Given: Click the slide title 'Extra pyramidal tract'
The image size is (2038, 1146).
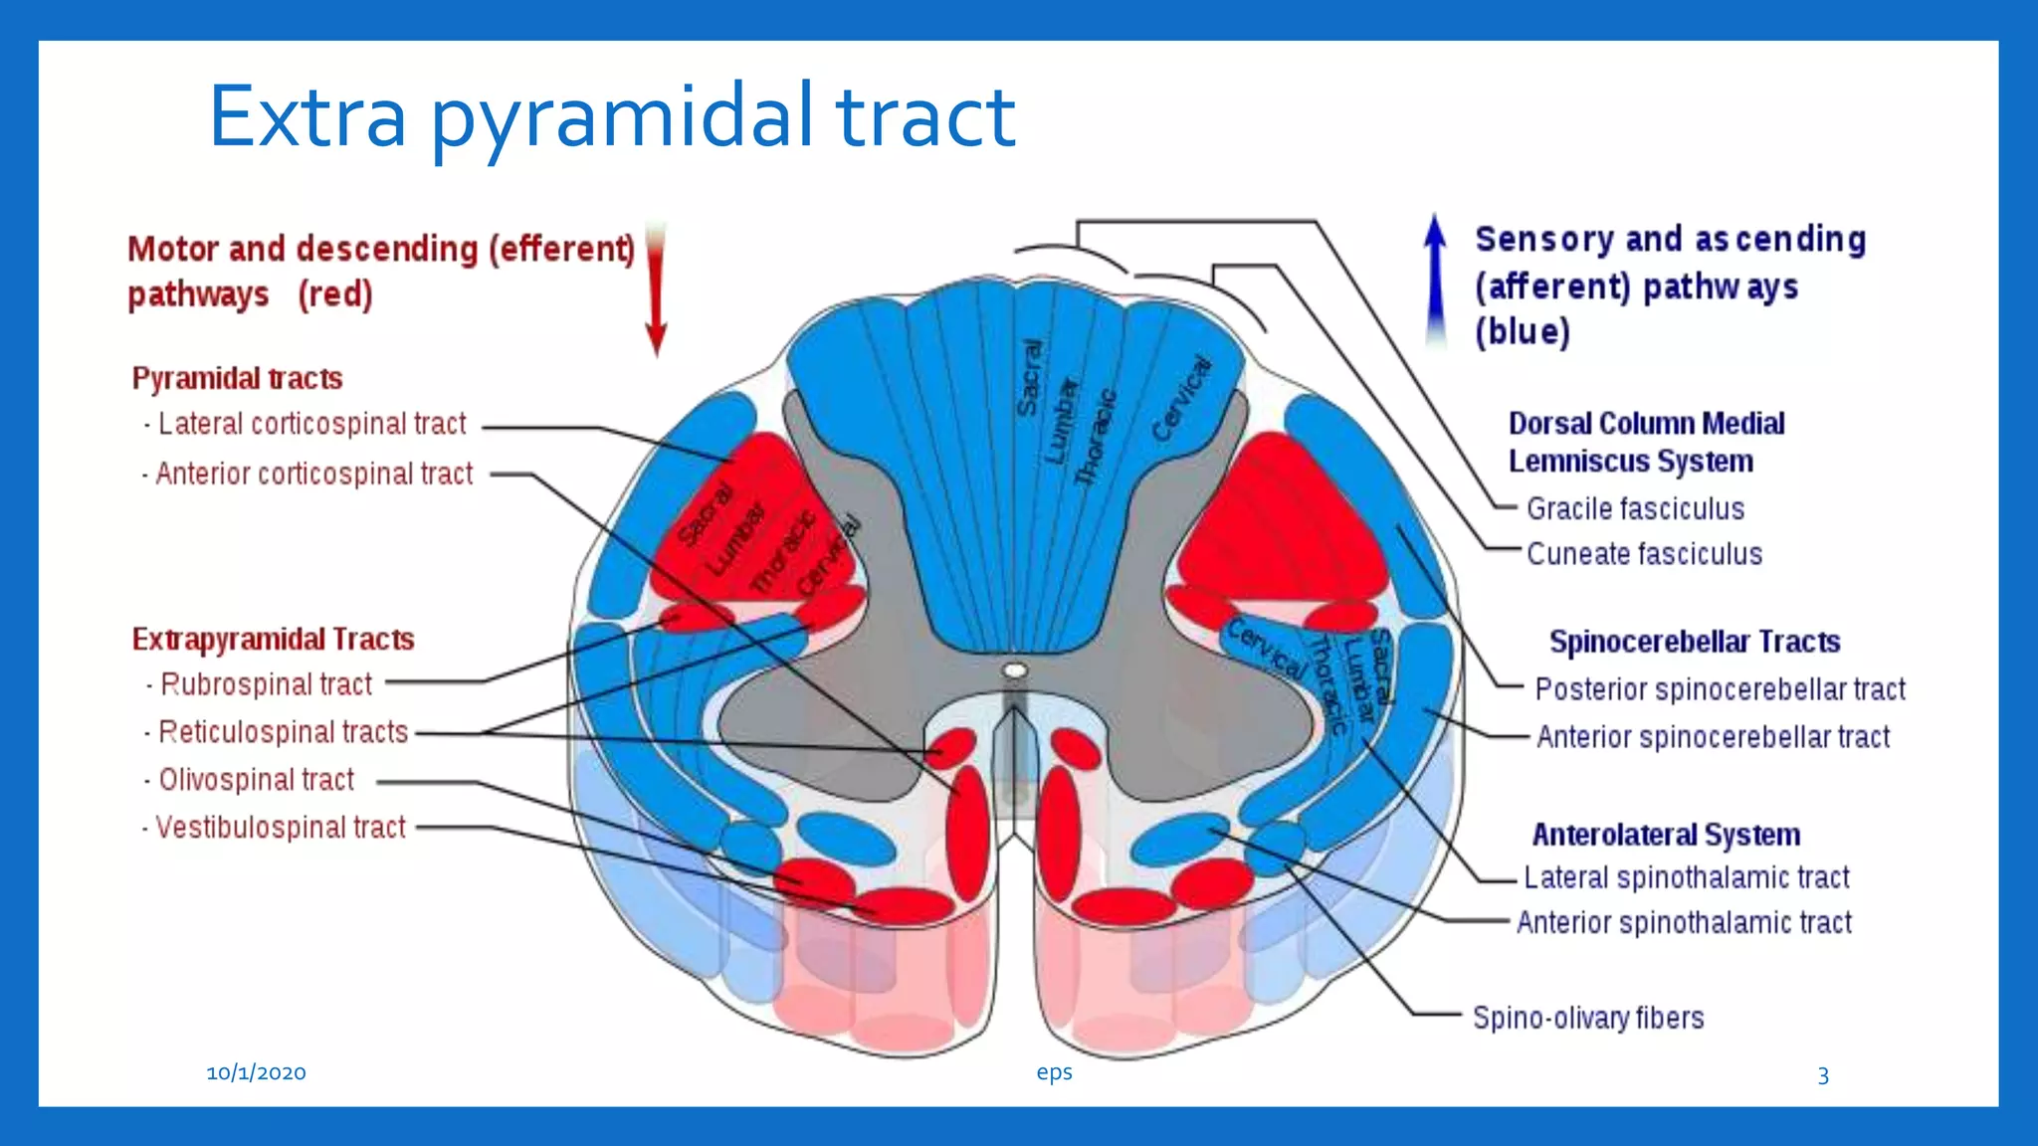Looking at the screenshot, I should tap(611, 117).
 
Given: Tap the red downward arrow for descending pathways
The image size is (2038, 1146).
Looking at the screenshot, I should tap(655, 288).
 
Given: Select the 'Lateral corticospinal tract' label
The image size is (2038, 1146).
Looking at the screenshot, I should tap(311, 424).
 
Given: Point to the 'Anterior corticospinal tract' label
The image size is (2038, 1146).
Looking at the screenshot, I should tap(313, 474).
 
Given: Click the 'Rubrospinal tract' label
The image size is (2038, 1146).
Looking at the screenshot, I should tap(266, 684).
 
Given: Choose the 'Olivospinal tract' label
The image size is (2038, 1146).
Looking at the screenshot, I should tap(256, 779).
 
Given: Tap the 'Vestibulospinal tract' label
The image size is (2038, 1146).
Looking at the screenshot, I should tap(281, 827).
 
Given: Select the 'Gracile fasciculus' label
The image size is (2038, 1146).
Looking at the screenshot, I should tap(1635, 508).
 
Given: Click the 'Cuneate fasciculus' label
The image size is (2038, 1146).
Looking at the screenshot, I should tap(1644, 553).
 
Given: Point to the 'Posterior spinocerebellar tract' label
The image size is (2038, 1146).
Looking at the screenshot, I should tap(1720, 688).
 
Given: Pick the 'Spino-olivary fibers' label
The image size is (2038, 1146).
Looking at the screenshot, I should tap(1588, 1018).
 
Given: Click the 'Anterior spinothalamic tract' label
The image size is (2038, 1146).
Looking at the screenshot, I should tap(1684, 922).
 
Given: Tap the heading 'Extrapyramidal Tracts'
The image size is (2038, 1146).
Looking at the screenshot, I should tap(273, 639).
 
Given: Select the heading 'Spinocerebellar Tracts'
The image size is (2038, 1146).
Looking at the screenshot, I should tap(1694, 642).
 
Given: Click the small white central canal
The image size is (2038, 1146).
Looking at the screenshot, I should tap(1015, 670).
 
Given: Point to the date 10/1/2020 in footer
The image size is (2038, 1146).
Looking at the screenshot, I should tap(256, 1072).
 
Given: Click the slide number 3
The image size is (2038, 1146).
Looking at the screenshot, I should tap(1823, 1075).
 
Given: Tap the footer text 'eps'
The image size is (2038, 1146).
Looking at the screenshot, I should tap(1054, 1072).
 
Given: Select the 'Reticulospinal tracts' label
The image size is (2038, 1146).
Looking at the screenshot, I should tap(283, 732).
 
